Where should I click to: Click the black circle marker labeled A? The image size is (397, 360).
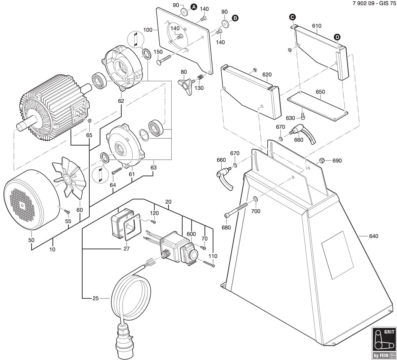pos(194,7)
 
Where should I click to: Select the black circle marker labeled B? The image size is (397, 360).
pos(235,18)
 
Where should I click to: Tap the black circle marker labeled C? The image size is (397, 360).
pos(292,17)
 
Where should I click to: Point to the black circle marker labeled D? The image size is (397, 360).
pos(337,37)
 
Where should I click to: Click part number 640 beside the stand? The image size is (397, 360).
pos(374,236)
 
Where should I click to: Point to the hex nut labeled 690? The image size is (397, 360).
pos(321,160)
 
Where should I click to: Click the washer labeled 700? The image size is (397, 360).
pos(255,199)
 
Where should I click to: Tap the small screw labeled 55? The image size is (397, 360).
pos(67,212)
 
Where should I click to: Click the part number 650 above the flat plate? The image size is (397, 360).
pos(320,92)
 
